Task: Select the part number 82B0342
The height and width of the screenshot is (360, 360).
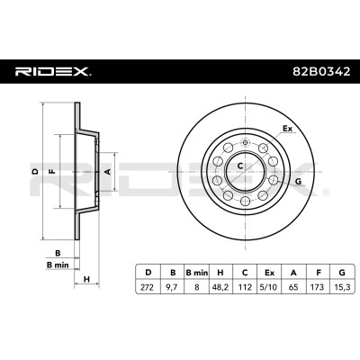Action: (x=321, y=71)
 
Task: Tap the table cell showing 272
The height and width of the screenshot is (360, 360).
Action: (x=147, y=287)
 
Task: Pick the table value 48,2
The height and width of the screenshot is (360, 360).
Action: (x=220, y=287)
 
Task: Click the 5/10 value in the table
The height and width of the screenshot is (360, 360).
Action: (x=269, y=287)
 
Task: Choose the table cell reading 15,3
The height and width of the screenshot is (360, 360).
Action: (x=342, y=287)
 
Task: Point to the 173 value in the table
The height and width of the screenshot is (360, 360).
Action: (x=318, y=287)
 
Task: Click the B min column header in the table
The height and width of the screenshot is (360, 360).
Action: (x=196, y=273)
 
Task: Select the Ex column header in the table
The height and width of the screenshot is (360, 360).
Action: (x=269, y=273)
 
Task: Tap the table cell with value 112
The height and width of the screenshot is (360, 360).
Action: (x=245, y=287)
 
